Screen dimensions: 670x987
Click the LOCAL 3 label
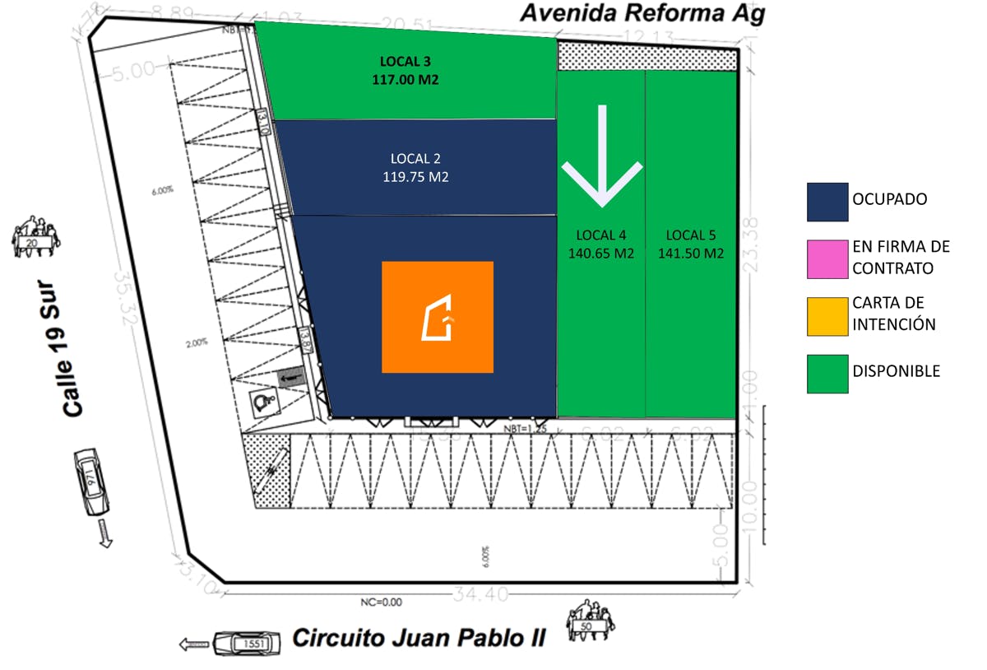point(405,61)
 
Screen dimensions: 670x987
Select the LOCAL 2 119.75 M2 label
point(415,167)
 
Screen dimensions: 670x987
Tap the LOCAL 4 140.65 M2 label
point(601,244)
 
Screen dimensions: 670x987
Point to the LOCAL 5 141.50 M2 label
point(691,244)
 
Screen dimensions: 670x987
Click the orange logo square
point(438,317)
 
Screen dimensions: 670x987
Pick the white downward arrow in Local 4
point(602,156)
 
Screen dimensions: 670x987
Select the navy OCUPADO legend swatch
point(827,201)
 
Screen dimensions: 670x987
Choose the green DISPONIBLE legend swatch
point(827,373)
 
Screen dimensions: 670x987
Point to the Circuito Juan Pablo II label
point(419,638)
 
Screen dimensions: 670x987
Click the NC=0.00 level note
point(382,602)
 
